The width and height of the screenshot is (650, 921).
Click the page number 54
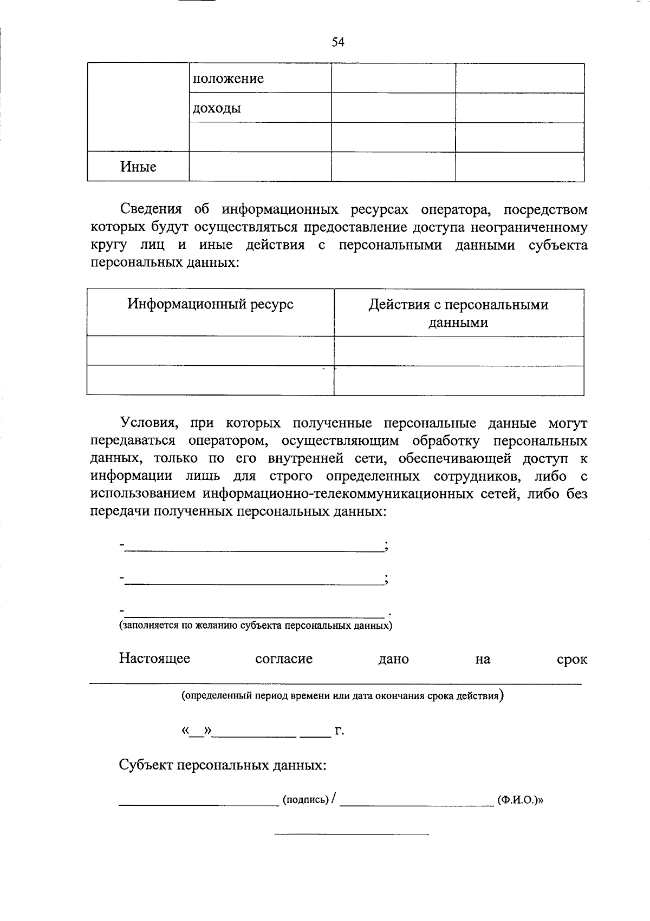pos(338,42)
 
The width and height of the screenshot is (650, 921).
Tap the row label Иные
pos(138,167)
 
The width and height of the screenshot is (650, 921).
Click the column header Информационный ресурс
pos(210,304)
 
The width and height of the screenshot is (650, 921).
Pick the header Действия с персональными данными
pos(458,313)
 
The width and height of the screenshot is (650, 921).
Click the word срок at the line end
pos(571,660)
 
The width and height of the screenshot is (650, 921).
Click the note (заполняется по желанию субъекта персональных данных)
pos(256,626)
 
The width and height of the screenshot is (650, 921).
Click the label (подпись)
pos(305,800)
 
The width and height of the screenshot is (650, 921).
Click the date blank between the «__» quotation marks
pos(197,732)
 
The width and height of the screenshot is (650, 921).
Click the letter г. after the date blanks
pos(340,732)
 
